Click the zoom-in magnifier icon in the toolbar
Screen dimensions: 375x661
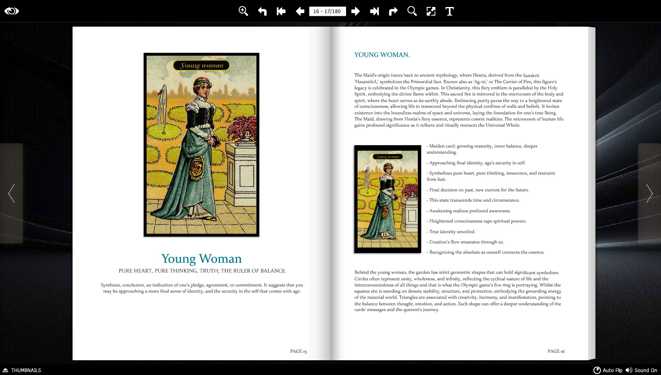pos(243,11)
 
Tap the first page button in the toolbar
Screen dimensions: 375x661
pos(281,11)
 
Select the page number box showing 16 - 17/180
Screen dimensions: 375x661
pos(327,11)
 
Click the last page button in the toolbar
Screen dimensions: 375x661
pos(374,11)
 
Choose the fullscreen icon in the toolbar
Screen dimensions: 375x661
pos(431,11)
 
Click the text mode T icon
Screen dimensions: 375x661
pos(449,11)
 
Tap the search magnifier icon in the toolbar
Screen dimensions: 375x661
pos(412,11)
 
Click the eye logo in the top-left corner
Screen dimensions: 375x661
pos(11,11)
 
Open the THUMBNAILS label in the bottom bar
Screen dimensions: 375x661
pos(26,370)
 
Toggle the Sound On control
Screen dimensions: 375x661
pos(641,370)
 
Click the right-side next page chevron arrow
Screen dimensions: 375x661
pos(649,193)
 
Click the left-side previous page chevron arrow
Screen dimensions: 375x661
pos(11,193)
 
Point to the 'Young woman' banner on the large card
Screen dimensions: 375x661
pos(201,66)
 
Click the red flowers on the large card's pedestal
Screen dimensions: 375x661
pos(242,129)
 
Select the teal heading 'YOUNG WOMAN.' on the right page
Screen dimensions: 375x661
pos(382,55)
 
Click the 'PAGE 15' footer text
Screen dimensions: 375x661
pos(298,351)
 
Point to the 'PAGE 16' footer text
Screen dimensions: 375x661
pos(556,351)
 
